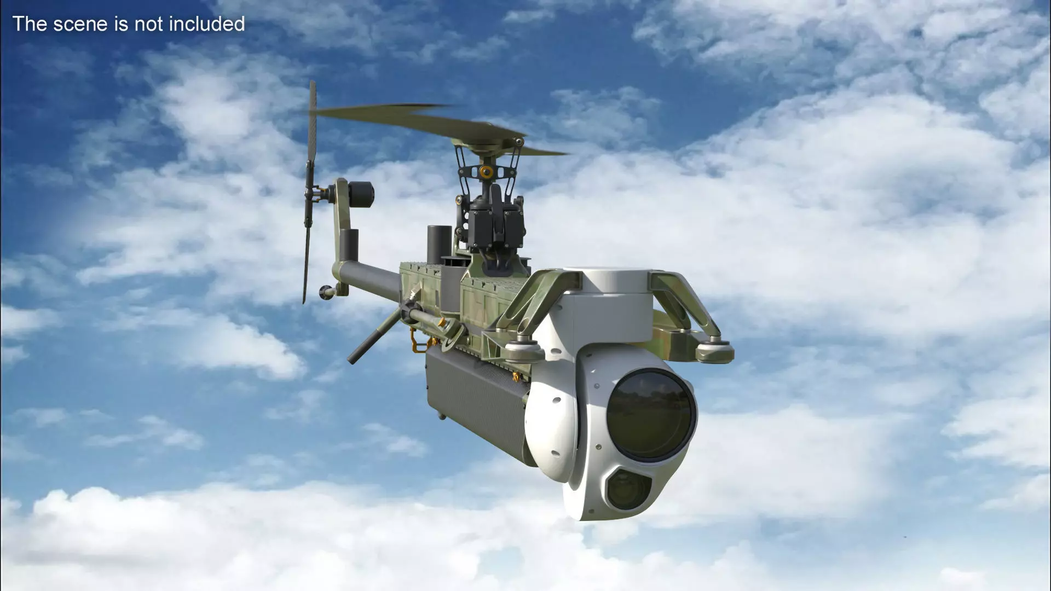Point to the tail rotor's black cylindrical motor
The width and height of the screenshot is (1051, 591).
(x=361, y=195)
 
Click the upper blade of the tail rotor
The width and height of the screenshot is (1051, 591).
(x=313, y=126)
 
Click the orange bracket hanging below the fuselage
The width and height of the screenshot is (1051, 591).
(x=420, y=347)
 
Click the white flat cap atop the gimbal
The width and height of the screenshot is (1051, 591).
(x=613, y=279)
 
